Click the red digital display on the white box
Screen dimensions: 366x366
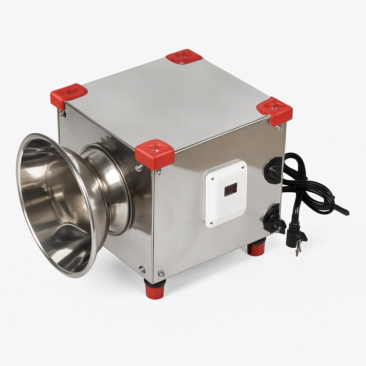click(231, 189)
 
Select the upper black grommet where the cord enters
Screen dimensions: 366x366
click(273, 171)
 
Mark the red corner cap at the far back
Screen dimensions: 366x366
click(184, 56)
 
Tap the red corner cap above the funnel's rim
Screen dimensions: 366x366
click(68, 94)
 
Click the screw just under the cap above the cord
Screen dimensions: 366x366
click(278, 128)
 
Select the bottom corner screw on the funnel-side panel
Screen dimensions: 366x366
click(142, 269)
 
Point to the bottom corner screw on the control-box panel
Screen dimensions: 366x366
click(161, 273)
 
